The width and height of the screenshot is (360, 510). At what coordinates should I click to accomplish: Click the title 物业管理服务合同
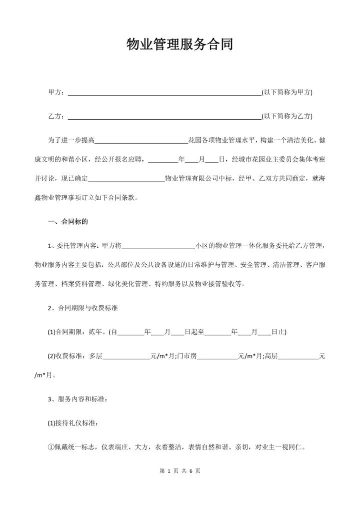[179, 46]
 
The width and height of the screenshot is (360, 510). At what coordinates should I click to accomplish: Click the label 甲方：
[56, 92]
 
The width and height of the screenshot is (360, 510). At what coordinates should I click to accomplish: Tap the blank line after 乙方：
[164, 117]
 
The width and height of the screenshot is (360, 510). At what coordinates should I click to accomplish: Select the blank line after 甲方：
[164, 93]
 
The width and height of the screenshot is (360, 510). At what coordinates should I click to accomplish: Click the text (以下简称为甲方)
[287, 92]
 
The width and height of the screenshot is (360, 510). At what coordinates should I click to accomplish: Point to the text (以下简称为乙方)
[287, 116]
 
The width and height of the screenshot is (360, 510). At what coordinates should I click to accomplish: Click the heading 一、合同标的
[68, 221]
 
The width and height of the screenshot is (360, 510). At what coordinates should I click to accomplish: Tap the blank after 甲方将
[158, 246]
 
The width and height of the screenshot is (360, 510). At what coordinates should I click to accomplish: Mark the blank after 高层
[298, 356]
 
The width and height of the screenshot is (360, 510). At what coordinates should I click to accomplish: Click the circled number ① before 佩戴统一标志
[51, 447]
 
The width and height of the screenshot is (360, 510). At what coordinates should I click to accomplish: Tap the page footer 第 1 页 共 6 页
[179, 471]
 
